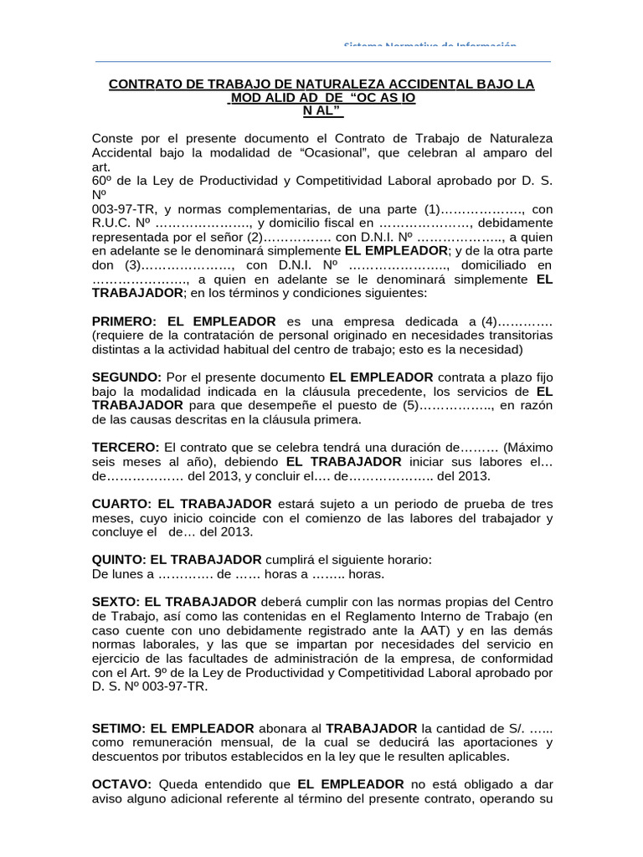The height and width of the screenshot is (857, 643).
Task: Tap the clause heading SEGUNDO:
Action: [x=126, y=377]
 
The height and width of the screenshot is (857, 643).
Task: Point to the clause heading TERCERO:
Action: [x=126, y=448]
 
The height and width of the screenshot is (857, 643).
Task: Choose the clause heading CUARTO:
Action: [x=121, y=504]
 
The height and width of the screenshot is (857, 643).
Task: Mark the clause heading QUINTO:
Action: [x=120, y=560]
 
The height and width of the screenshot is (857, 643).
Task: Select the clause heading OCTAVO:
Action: [x=121, y=784]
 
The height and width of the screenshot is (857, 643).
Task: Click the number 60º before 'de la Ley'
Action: [x=103, y=180]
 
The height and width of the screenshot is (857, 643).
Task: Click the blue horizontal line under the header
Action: [x=323, y=61]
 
